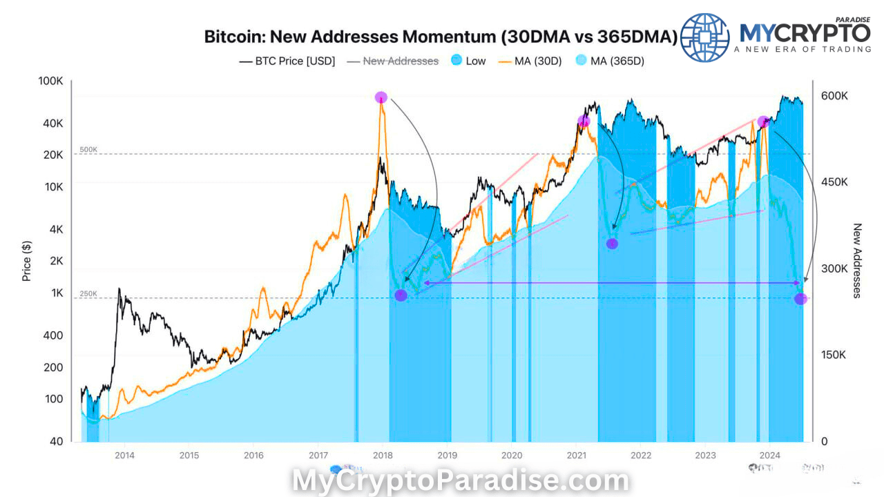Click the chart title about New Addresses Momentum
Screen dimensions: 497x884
pos(441,37)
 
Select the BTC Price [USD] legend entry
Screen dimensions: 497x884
pos(287,61)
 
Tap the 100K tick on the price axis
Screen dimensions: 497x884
pos(50,81)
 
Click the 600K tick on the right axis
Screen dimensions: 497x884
pos(834,95)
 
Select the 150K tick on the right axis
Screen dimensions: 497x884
pos(834,355)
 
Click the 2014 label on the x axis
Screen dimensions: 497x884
pos(124,456)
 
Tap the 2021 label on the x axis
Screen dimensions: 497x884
pos(577,456)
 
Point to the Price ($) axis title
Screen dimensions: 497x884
pos(27,260)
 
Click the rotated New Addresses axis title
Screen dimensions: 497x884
pos(857,260)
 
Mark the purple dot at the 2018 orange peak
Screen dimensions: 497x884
pos(381,97)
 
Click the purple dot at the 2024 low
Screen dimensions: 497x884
pos(800,299)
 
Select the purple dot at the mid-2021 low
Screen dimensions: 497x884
pos(612,244)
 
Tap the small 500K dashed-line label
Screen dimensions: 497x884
pos(88,150)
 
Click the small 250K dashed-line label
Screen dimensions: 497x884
pos(88,294)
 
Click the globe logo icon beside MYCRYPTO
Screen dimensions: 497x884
pos(705,38)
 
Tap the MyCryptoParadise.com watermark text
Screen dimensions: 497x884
pos(461,480)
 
